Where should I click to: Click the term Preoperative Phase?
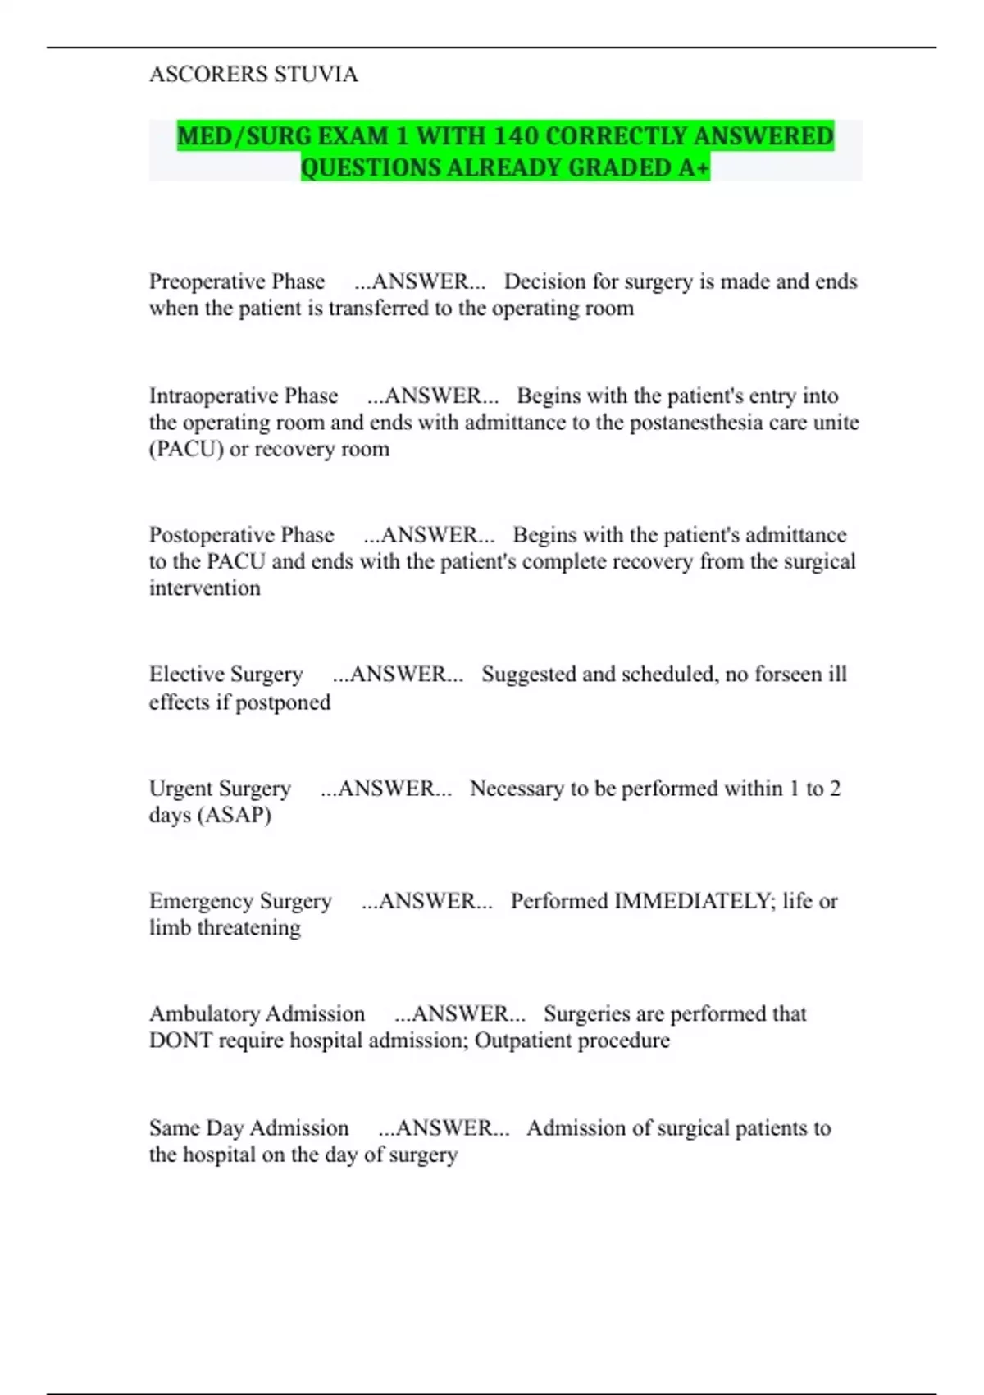pos(237,281)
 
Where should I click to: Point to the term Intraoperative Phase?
pos(244,396)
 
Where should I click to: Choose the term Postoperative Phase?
pos(242,535)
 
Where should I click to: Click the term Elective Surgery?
pos(226,675)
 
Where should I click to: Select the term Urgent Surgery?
pos(220,789)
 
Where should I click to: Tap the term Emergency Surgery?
pos(240,901)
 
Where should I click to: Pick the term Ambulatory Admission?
pos(257,1014)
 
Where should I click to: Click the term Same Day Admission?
pos(248,1128)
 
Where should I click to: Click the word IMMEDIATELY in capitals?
pos(694,901)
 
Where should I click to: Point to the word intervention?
pos(205,588)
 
